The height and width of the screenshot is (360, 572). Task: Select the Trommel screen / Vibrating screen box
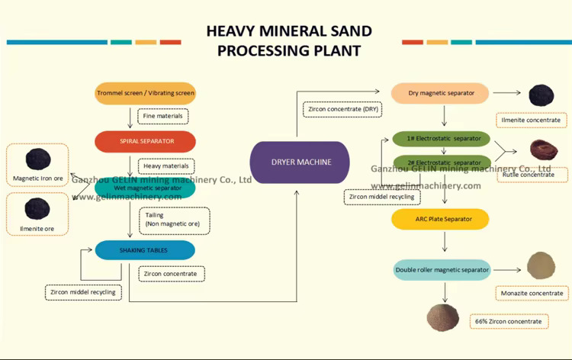point(146,94)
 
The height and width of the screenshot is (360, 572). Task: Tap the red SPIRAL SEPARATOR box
point(146,141)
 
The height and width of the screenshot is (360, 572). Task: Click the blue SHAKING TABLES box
point(144,250)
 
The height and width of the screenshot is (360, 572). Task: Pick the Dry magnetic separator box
point(441,93)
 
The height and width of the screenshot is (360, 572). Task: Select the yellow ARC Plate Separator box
point(440,220)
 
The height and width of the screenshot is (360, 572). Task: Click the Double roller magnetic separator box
point(442,269)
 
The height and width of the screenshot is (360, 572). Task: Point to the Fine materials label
point(163,116)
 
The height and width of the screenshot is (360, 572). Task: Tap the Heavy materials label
point(165,166)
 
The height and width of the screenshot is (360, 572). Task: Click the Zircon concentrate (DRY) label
point(342,109)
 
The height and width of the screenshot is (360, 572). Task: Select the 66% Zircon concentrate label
point(509,321)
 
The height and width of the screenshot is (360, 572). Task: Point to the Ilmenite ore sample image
point(36,208)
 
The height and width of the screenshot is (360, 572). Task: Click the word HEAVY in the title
point(234,31)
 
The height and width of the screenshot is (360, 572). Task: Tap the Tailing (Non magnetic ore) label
point(172,220)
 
